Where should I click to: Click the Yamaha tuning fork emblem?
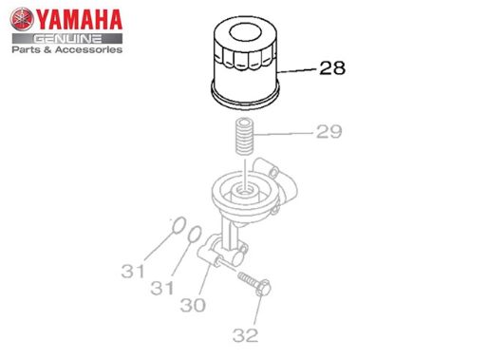point(22,19)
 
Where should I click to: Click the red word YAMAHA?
point(79,19)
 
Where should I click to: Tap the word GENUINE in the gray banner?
point(67,39)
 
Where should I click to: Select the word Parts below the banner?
point(26,49)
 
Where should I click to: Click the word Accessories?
point(88,49)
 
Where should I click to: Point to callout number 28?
point(332,68)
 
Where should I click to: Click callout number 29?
point(329,131)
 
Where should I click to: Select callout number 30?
point(193,305)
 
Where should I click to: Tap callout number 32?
point(245,335)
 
